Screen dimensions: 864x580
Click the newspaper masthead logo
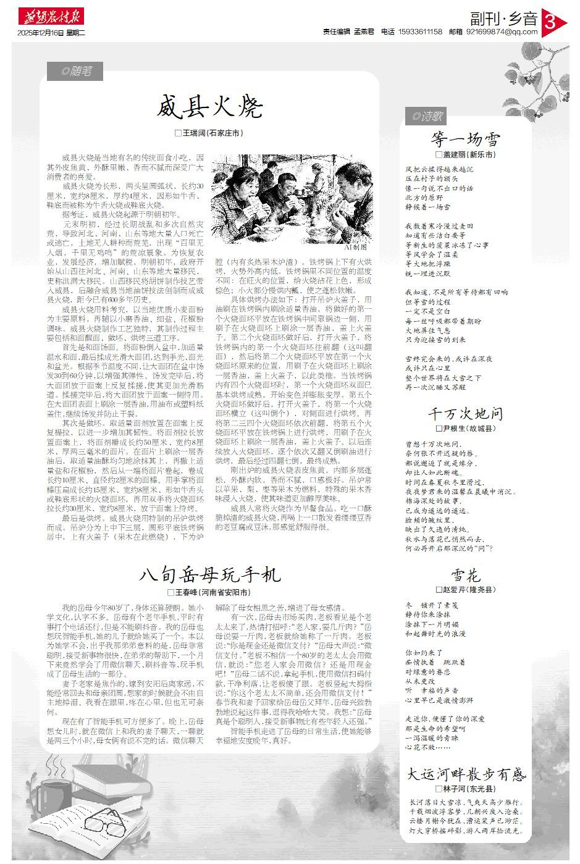[51, 17]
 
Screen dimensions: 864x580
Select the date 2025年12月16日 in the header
[40, 32]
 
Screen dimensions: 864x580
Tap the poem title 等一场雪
[466, 138]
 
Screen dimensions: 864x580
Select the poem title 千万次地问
[466, 413]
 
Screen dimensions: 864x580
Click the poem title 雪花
[466, 576]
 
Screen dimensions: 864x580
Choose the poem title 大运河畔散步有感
[466, 774]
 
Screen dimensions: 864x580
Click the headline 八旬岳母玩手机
[210, 575]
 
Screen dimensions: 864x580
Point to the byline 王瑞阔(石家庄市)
[209, 133]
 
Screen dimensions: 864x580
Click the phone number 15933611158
[421, 32]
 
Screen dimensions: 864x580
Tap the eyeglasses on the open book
[105, 822]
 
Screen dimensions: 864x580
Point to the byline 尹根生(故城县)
[465, 428]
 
